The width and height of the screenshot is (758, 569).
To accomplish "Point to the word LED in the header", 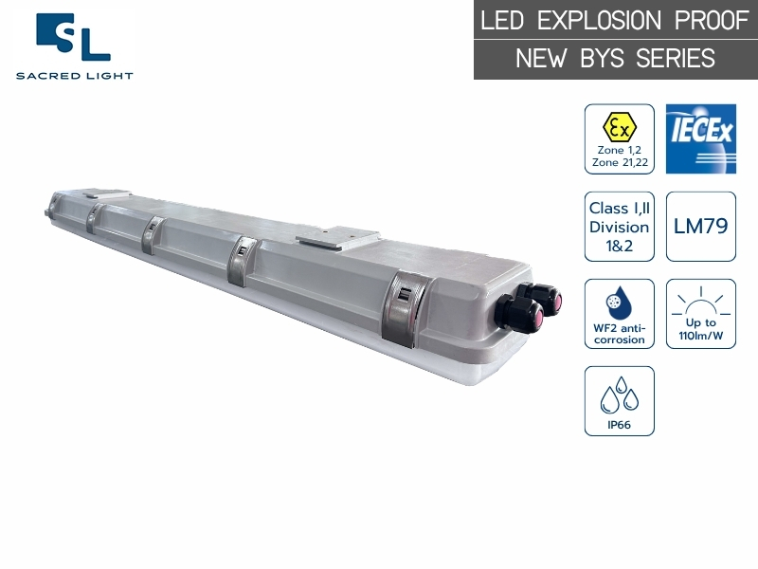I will tap(502, 21).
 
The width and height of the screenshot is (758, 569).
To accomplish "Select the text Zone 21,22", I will tap(619, 163).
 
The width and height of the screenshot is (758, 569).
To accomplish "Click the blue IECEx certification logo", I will tap(700, 138).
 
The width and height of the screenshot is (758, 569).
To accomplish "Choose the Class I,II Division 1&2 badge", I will tap(619, 227).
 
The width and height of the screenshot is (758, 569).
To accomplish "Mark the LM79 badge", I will tap(700, 227).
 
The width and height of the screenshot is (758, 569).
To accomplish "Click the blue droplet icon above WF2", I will tap(619, 302).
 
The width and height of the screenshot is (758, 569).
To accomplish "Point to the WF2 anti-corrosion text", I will tap(619, 334).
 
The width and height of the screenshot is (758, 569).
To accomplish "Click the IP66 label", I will tap(619, 424).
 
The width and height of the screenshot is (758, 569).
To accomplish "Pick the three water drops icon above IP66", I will tap(619, 394).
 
